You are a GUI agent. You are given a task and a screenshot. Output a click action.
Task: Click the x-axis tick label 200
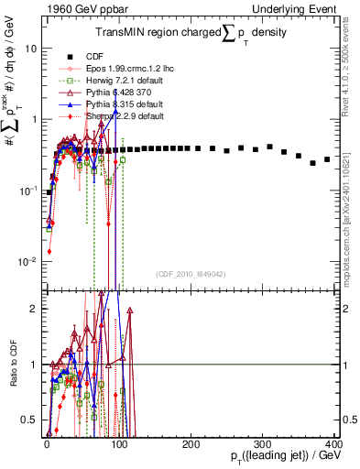191,442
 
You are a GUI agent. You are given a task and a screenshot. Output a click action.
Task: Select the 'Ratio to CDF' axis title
11,365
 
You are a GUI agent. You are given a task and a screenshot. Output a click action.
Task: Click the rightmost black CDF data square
327,159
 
